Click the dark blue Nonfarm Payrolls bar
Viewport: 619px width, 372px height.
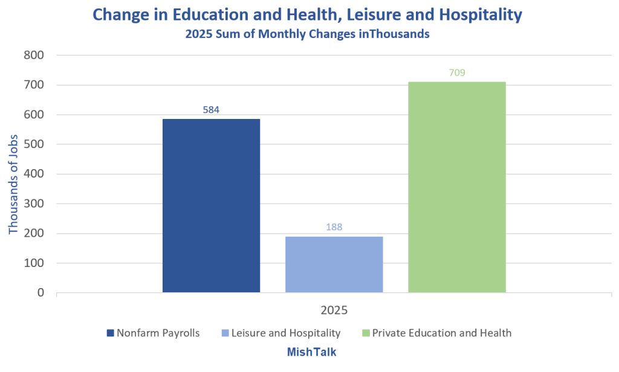tap(211, 205)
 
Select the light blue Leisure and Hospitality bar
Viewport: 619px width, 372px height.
tap(334, 264)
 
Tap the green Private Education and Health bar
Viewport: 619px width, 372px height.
tap(457, 187)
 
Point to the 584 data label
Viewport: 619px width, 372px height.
tap(211, 110)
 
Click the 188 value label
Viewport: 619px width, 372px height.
tap(334, 227)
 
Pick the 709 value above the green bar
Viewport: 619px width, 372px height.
tap(457, 73)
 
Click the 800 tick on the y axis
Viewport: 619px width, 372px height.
tap(33, 56)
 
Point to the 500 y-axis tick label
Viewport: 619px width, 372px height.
tap(33, 144)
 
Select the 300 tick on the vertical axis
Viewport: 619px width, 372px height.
tap(33, 204)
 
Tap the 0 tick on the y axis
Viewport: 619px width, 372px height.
tap(41, 293)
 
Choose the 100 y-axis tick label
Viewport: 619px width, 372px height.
tap(33, 263)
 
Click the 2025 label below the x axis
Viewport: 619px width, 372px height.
tap(334, 311)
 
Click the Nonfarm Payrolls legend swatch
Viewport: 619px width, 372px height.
tap(110, 333)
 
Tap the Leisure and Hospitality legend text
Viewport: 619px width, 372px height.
tap(287, 333)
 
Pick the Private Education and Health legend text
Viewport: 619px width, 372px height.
tap(441, 333)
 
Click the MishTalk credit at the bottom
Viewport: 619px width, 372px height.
tap(311, 352)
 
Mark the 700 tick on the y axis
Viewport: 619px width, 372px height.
tap(33, 85)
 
